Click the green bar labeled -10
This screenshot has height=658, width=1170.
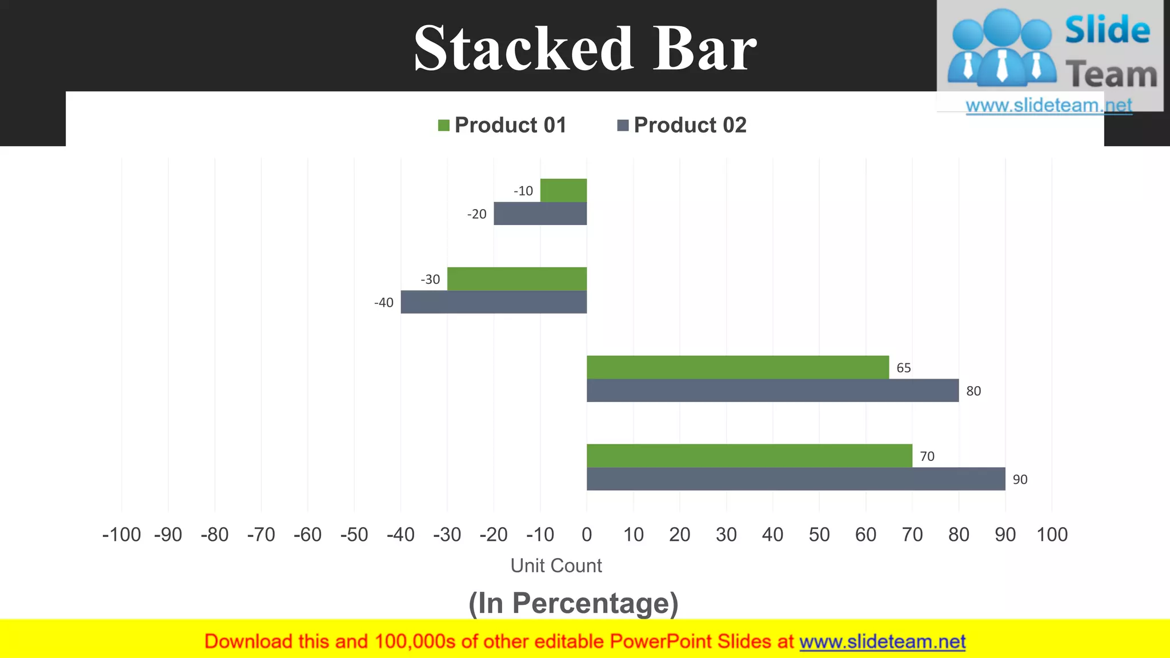[563, 190]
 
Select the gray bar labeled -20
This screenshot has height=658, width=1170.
[540, 214]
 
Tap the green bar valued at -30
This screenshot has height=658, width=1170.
[516, 279]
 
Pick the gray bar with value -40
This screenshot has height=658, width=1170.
[494, 302]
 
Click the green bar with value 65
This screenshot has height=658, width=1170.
[738, 367]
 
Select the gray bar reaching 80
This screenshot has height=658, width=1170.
[772, 391]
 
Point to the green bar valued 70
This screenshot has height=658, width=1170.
[749, 456]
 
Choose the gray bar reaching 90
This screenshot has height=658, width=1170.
[796, 479]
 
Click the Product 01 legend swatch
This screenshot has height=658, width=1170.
[444, 125]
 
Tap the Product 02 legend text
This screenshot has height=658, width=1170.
[690, 125]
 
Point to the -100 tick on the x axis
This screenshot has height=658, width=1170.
[121, 535]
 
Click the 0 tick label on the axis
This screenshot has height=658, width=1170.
[587, 535]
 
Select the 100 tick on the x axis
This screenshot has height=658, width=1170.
[1052, 535]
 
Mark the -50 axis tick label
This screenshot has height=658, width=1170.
[354, 535]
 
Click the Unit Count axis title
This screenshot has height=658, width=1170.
[556, 565]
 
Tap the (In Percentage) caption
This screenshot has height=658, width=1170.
[573, 603]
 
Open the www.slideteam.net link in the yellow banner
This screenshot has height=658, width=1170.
[882, 642]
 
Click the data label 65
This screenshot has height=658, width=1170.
[903, 368]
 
